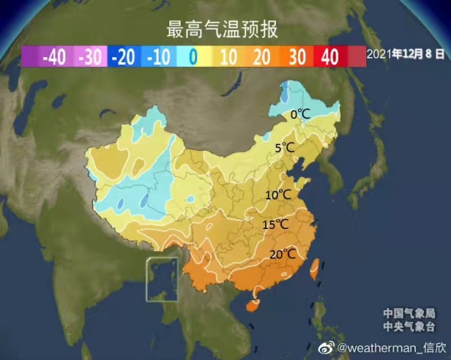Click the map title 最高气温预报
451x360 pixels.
coord(222,29)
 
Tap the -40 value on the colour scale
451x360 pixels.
coord(54,57)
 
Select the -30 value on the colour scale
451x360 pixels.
coord(89,57)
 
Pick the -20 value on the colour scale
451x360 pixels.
coord(123,57)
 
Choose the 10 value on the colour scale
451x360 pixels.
coord(228,57)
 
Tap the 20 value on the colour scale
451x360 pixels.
coord(261,57)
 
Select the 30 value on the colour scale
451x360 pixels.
coord(296,57)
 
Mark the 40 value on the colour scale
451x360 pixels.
coord(330,57)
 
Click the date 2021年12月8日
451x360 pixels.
coord(407,54)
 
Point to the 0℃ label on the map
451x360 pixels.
coord(301,114)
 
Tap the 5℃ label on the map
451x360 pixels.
coord(285,148)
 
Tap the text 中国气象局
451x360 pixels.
coord(409,314)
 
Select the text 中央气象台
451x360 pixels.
coord(409,326)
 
